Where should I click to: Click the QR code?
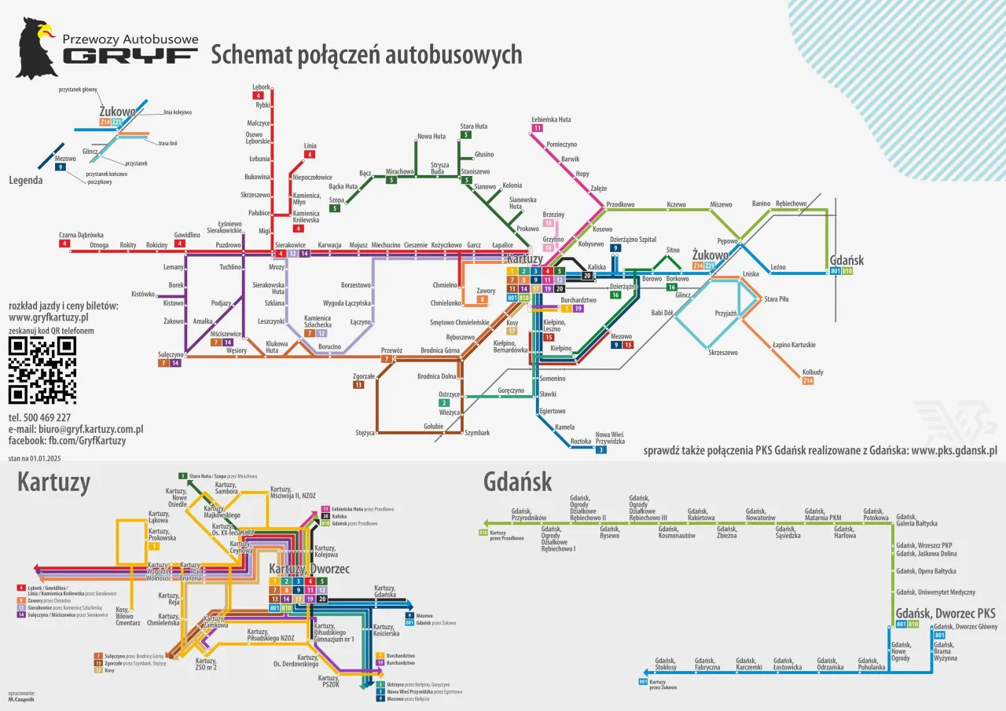click(42, 370)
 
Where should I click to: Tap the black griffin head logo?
click(36, 48)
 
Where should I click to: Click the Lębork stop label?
click(261, 86)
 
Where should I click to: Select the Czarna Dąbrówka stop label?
click(81, 234)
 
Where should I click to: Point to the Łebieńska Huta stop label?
click(550, 119)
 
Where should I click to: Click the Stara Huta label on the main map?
click(473, 126)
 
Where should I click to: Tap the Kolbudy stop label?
click(813, 372)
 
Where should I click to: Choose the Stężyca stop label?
click(365, 432)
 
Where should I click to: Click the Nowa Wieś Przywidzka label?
click(609, 438)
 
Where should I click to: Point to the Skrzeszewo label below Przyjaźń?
click(722, 353)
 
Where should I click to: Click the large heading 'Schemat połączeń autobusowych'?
click(366, 55)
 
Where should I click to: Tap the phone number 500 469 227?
click(39, 417)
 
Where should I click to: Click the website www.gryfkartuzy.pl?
click(48, 317)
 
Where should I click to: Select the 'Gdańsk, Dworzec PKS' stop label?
click(945, 613)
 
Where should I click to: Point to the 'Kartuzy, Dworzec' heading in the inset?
click(309, 569)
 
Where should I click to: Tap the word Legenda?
click(26, 180)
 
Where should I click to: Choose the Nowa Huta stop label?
click(431, 136)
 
